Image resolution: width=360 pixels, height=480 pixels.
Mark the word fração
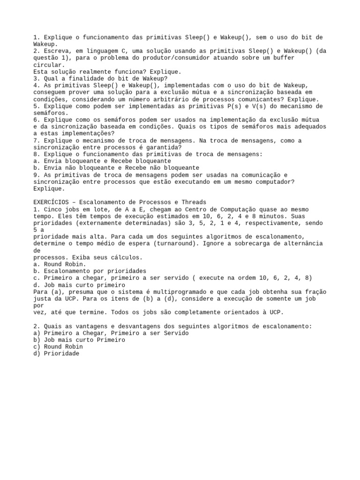tap(315, 292)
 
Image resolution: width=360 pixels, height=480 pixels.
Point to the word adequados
tap(308, 127)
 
